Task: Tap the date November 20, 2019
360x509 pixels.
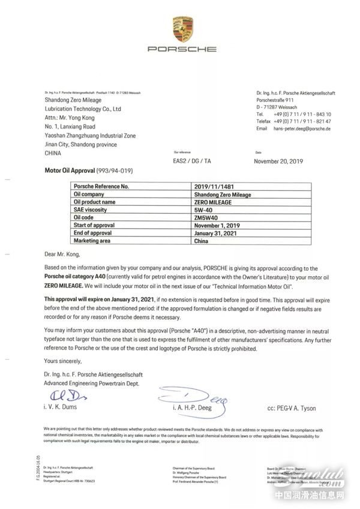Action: point(280,161)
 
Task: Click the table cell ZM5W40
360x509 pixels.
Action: point(206,217)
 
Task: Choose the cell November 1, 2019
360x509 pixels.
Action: point(218,225)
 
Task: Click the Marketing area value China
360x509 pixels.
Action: point(201,241)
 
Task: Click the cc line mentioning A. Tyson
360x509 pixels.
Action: point(292,409)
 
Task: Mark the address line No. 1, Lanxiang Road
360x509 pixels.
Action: point(70,127)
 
